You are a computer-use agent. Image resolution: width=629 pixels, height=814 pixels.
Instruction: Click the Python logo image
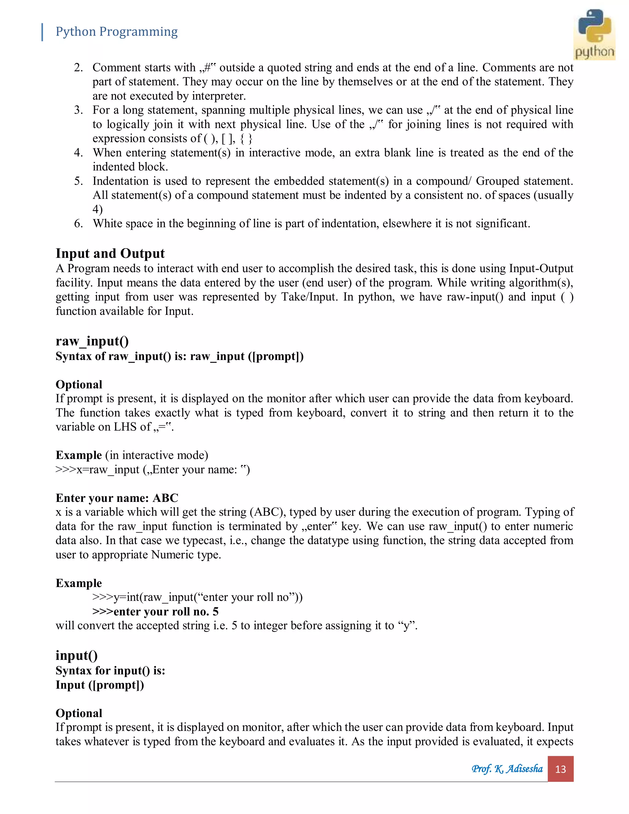point(594,34)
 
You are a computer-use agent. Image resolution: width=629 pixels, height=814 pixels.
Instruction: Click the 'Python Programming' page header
point(116,32)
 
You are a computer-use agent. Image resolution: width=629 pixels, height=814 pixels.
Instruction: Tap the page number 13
point(560,769)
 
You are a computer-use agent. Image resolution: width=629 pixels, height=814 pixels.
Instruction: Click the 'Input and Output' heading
point(110,253)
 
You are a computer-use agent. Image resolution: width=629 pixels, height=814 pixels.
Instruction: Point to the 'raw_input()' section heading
point(92,341)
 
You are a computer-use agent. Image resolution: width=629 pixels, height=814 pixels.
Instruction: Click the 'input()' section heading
point(76,655)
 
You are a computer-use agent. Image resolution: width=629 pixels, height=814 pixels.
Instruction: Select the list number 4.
point(78,153)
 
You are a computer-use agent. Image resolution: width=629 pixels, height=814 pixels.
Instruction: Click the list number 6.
point(78,224)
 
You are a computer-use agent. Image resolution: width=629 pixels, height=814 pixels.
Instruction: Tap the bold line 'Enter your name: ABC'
point(117,498)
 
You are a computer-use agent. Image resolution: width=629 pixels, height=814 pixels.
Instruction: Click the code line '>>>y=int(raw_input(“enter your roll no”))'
point(197,597)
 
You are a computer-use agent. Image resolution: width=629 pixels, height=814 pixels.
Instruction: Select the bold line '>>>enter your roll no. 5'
point(155,612)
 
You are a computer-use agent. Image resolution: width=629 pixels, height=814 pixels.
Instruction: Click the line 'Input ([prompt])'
point(100,685)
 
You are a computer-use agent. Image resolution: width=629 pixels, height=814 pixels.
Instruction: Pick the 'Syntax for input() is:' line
point(110,671)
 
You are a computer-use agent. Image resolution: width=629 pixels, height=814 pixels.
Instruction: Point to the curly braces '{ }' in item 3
point(246,139)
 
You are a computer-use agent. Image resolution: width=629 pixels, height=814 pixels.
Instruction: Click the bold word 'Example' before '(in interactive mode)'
point(79,456)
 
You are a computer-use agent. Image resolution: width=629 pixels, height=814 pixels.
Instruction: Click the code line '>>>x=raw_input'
point(152,470)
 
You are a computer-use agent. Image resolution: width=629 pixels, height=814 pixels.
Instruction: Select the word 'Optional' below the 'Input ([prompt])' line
point(79,713)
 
